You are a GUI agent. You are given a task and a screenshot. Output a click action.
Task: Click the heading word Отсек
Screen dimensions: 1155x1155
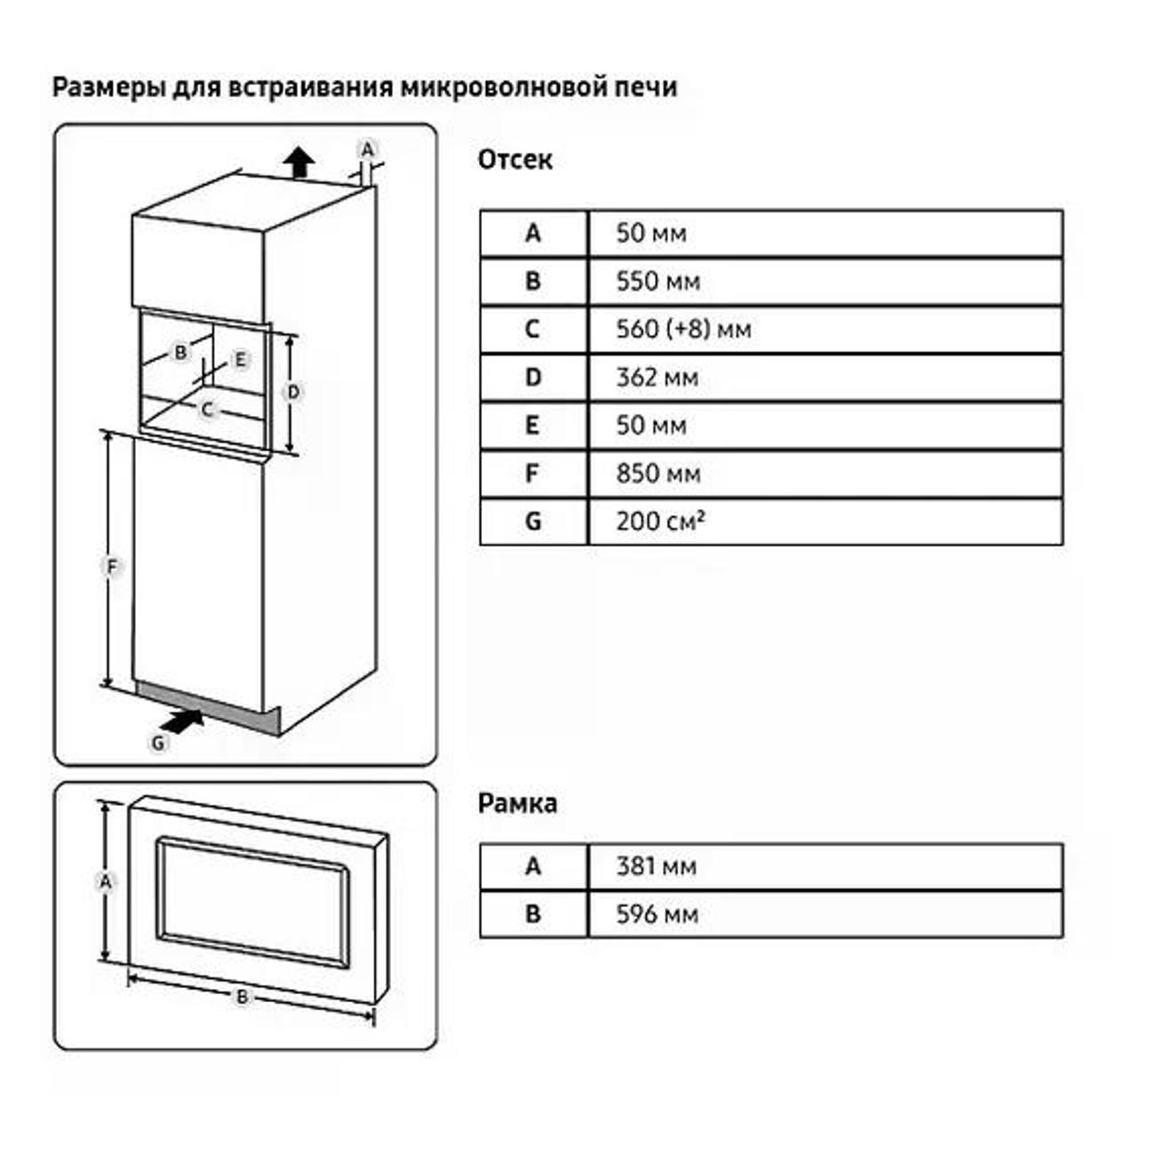[514, 160]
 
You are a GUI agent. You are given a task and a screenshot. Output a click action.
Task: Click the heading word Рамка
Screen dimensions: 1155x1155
[517, 803]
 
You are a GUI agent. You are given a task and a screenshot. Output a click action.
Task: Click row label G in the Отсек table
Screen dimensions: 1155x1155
[532, 522]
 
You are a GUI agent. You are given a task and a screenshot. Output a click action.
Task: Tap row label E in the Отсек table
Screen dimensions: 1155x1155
[532, 426]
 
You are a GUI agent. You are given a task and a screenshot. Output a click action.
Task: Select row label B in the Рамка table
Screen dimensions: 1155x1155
[532, 914]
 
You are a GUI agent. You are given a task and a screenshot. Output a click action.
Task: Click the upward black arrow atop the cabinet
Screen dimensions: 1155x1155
[299, 163]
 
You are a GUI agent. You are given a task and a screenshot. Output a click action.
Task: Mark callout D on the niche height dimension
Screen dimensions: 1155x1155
[293, 392]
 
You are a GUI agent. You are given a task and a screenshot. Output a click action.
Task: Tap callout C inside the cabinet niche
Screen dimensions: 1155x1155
[207, 410]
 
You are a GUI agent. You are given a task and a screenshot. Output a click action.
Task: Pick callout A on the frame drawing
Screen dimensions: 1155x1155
[106, 881]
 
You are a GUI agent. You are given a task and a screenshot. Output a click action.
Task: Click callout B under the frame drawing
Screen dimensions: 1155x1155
[242, 997]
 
